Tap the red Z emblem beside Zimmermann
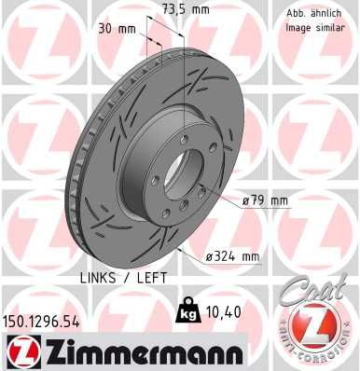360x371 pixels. coord(21,351)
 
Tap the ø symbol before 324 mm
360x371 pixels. coord(210,256)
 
